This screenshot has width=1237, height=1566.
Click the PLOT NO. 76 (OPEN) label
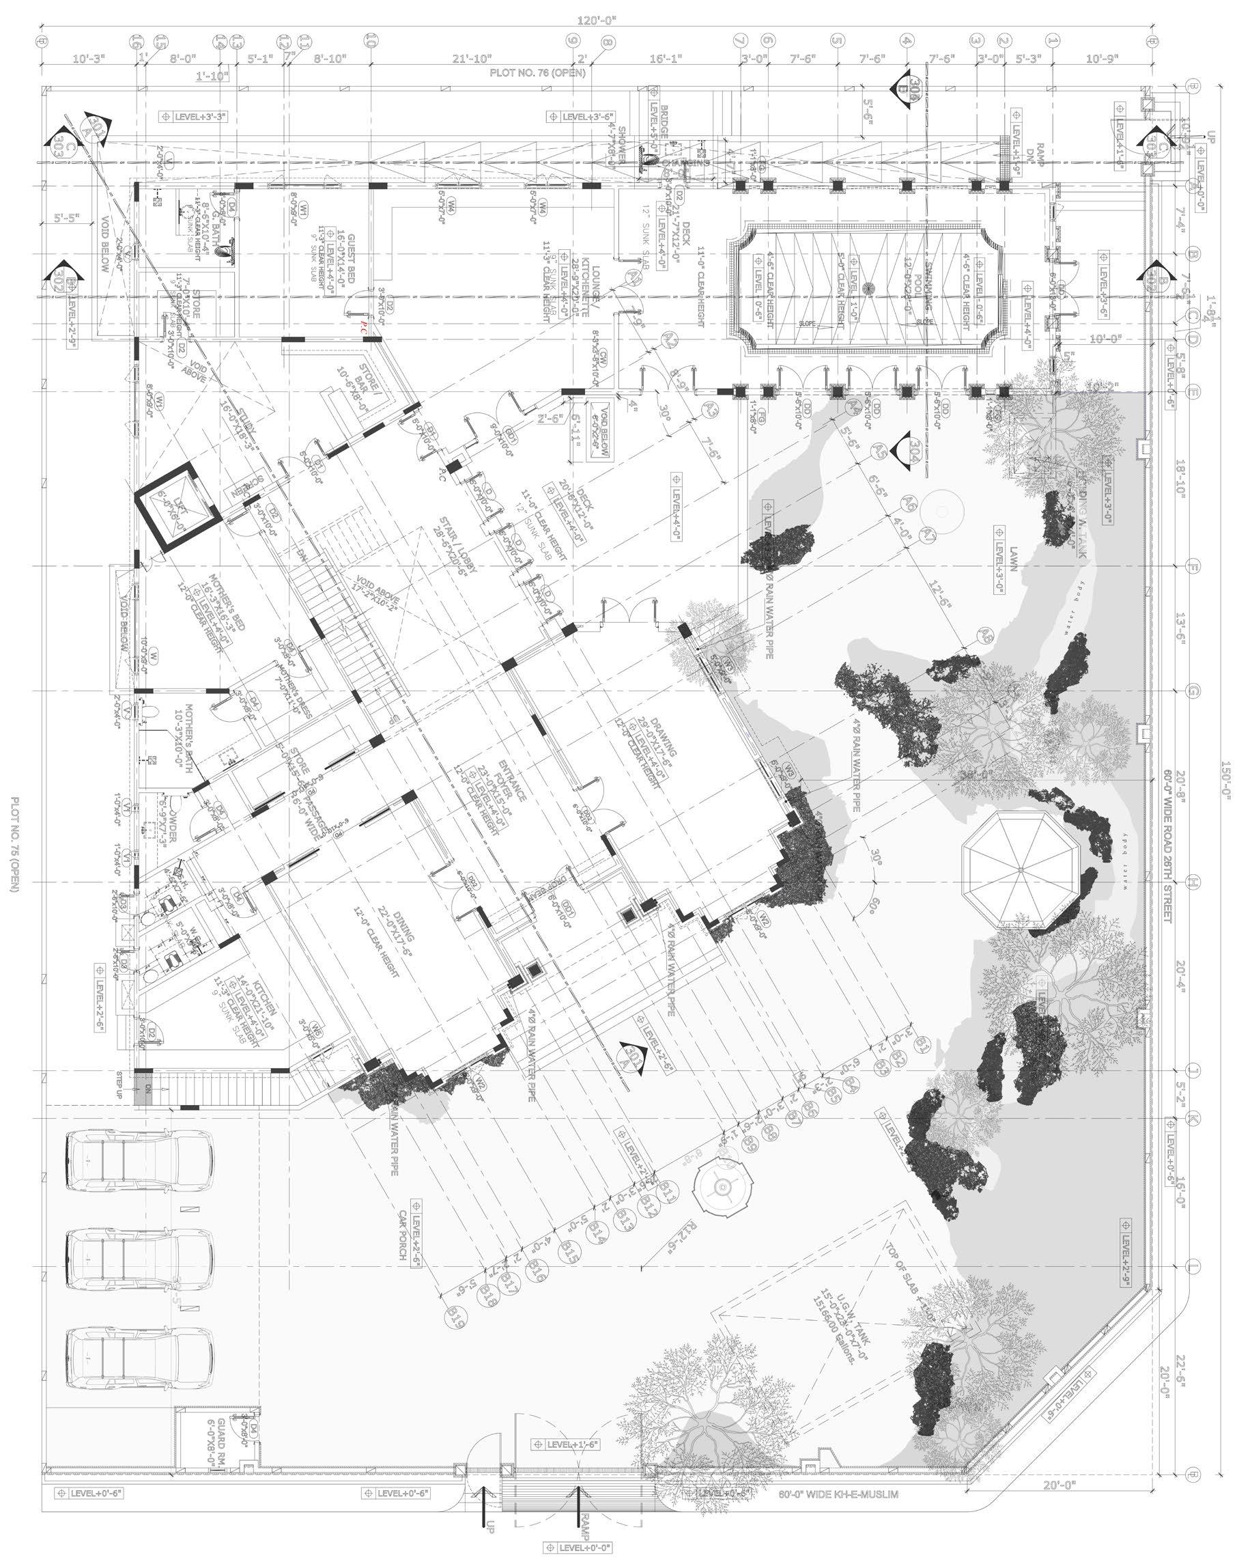[537, 72]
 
